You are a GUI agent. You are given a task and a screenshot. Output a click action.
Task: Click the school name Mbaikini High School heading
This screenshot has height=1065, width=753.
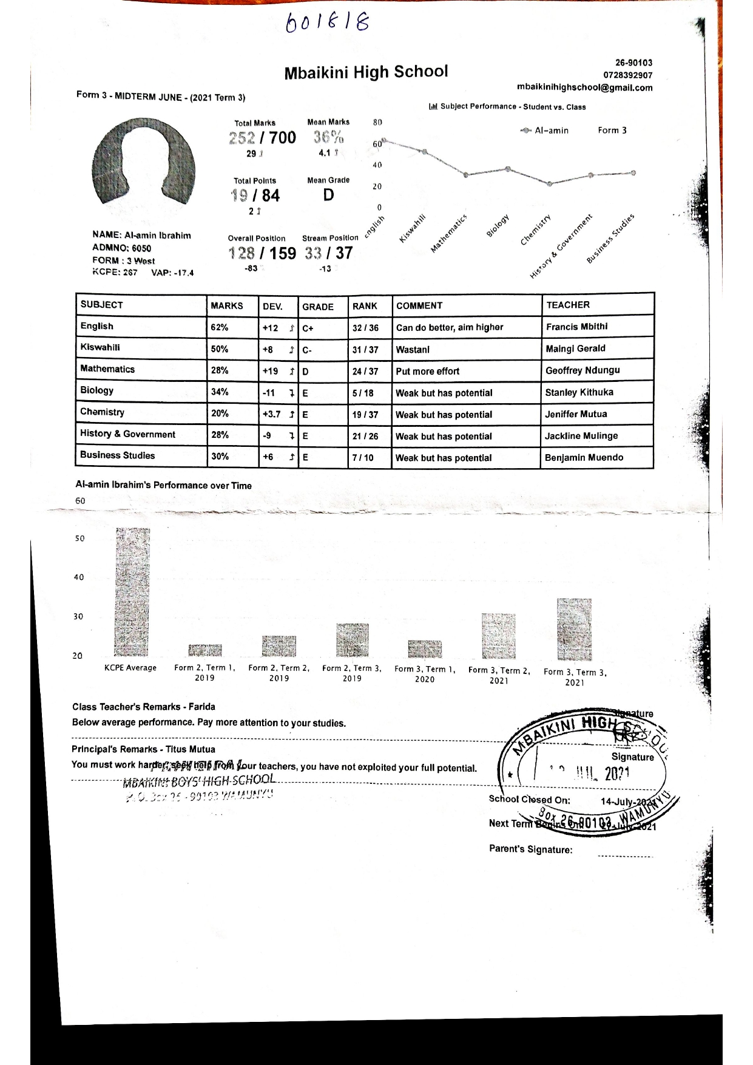point(366,72)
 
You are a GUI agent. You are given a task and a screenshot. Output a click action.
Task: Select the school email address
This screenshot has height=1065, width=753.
point(584,87)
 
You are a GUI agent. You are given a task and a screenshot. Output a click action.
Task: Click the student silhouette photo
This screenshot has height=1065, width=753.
point(144,166)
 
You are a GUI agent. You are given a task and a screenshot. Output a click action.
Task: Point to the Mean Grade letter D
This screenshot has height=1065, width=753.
point(328,195)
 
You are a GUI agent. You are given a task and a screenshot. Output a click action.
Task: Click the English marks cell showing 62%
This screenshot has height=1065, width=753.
point(220,327)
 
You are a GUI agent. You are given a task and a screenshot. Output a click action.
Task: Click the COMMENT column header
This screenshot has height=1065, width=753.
point(419,305)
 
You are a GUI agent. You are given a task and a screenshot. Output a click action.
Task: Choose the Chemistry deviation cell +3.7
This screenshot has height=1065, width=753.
point(272,414)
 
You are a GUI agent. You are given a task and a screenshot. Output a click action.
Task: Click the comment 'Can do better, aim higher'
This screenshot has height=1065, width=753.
point(450,327)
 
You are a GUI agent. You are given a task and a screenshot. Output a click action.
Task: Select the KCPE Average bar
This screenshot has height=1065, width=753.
point(132,592)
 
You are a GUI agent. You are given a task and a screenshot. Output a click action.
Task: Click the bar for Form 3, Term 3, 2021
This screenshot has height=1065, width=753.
point(574,628)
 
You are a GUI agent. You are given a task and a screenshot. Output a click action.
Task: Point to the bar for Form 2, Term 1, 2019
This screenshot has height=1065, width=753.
point(204,650)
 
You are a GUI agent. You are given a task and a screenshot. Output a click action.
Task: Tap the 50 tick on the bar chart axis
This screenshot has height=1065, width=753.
point(79,539)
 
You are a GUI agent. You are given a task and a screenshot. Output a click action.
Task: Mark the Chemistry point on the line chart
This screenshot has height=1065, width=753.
point(550,183)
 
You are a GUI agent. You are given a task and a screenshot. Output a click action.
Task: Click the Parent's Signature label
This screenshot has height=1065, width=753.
point(530,849)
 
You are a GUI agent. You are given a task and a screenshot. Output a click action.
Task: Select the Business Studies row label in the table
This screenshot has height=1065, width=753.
point(118,455)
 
